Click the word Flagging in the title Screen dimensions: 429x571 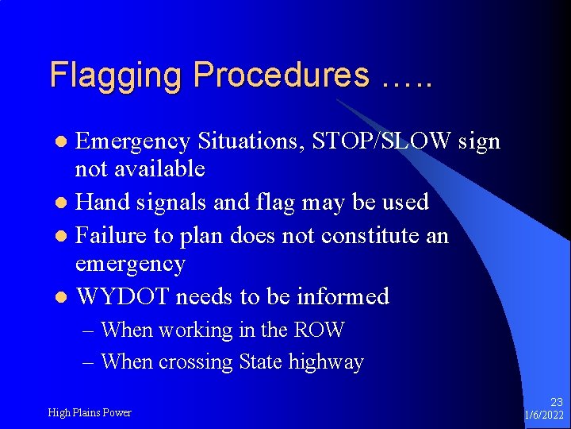point(117,76)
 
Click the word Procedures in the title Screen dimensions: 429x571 point(281,75)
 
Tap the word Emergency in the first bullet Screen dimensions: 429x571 point(132,142)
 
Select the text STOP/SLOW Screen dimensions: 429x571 point(381,141)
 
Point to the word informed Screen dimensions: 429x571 point(343,296)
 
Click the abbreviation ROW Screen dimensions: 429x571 point(319,329)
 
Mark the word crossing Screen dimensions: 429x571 point(196,362)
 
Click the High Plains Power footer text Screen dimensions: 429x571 point(90,412)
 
